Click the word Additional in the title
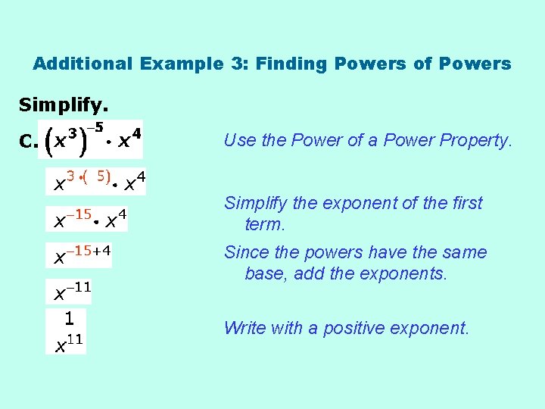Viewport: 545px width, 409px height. [x=83, y=64]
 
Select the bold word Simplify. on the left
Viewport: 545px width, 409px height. [x=63, y=104]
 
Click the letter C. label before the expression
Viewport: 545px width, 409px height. [x=28, y=142]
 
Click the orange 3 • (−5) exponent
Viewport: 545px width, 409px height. [x=89, y=176]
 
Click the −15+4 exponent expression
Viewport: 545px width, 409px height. [x=89, y=251]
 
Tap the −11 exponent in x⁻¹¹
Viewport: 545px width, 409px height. [x=78, y=287]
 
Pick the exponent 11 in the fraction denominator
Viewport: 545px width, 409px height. [x=75, y=339]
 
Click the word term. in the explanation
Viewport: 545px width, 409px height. [x=265, y=224]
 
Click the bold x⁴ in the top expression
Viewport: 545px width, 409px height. [x=129, y=140]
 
